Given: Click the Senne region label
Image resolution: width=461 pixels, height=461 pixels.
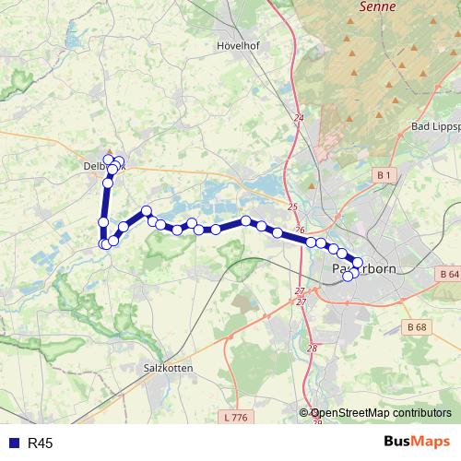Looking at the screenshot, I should (x=377, y=6).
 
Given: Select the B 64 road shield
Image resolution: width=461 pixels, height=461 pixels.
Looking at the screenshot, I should (x=448, y=275).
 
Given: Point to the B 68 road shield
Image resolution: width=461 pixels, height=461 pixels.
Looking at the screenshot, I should (x=417, y=326).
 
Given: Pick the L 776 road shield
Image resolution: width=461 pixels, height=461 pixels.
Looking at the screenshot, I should (x=237, y=418).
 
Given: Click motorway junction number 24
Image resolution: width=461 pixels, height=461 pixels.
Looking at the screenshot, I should (x=298, y=118).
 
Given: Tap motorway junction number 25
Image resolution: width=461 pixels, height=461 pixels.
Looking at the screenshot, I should (x=292, y=207).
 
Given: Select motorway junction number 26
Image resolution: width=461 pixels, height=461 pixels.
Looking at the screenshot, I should (x=300, y=230).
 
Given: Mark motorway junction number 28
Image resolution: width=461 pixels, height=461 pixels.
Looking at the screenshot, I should (x=312, y=348).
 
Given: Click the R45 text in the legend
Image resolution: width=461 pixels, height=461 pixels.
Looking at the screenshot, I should (x=41, y=443).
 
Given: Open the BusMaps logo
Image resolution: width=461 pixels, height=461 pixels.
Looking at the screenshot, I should (x=416, y=443).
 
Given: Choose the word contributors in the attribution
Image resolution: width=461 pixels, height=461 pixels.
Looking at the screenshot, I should (x=422, y=414).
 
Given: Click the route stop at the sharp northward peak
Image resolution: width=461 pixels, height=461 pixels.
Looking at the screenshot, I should (x=147, y=211).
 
